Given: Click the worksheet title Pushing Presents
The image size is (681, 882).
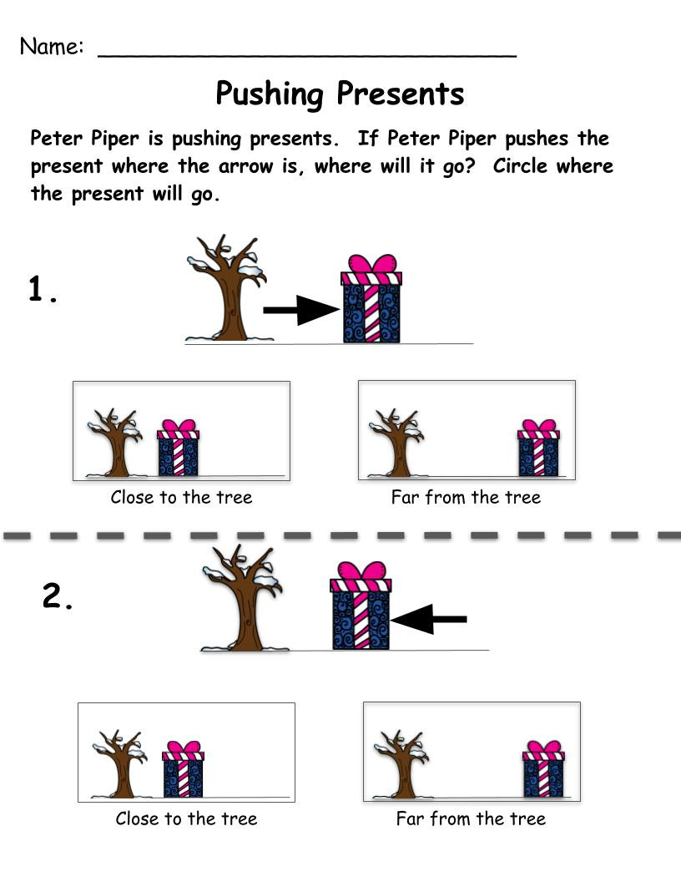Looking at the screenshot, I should (x=340, y=94).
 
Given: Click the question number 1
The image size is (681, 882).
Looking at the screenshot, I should (x=43, y=290).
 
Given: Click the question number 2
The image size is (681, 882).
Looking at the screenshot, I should (x=58, y=597).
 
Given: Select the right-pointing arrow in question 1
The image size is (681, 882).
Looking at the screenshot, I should (x=300, y=311).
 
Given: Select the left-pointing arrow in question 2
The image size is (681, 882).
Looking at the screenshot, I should (x=429, y=619).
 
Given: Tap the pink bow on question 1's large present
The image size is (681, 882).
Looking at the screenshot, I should (x=371, y=265).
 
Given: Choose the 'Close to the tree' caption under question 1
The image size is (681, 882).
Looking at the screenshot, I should (x=181, y=498).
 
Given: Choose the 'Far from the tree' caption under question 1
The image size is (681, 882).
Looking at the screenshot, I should (x=466, y=498).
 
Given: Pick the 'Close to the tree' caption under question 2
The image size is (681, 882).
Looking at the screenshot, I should (x=186, y=819).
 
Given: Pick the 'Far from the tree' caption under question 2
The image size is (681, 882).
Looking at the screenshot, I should (x=471, y=819).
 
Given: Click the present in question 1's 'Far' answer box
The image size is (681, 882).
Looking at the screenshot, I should (x=538, y=449).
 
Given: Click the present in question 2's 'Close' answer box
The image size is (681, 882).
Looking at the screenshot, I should (x=183, y=770).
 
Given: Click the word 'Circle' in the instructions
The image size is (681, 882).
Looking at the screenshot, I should (x=522, y=165).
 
